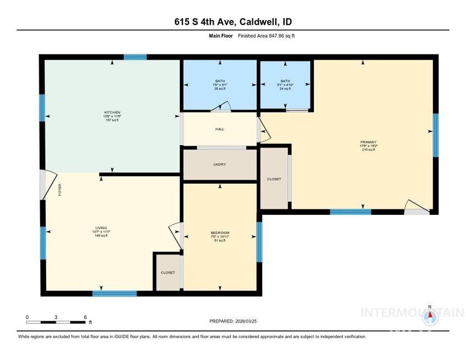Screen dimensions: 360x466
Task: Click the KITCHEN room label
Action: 113,112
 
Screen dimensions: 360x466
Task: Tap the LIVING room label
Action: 101,228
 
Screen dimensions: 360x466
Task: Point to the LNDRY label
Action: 219,164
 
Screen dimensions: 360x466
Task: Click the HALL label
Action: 219,129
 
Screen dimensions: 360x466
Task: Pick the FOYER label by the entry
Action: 60,190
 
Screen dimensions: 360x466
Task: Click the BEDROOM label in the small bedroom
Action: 219,232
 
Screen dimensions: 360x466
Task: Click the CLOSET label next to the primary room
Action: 274,179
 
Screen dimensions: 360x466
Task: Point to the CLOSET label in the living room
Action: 167,273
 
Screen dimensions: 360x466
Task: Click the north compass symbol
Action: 430,316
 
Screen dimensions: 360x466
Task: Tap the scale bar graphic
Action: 56,321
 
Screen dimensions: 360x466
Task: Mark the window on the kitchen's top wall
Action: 135,58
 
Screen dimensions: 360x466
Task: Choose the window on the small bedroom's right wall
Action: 259,242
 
